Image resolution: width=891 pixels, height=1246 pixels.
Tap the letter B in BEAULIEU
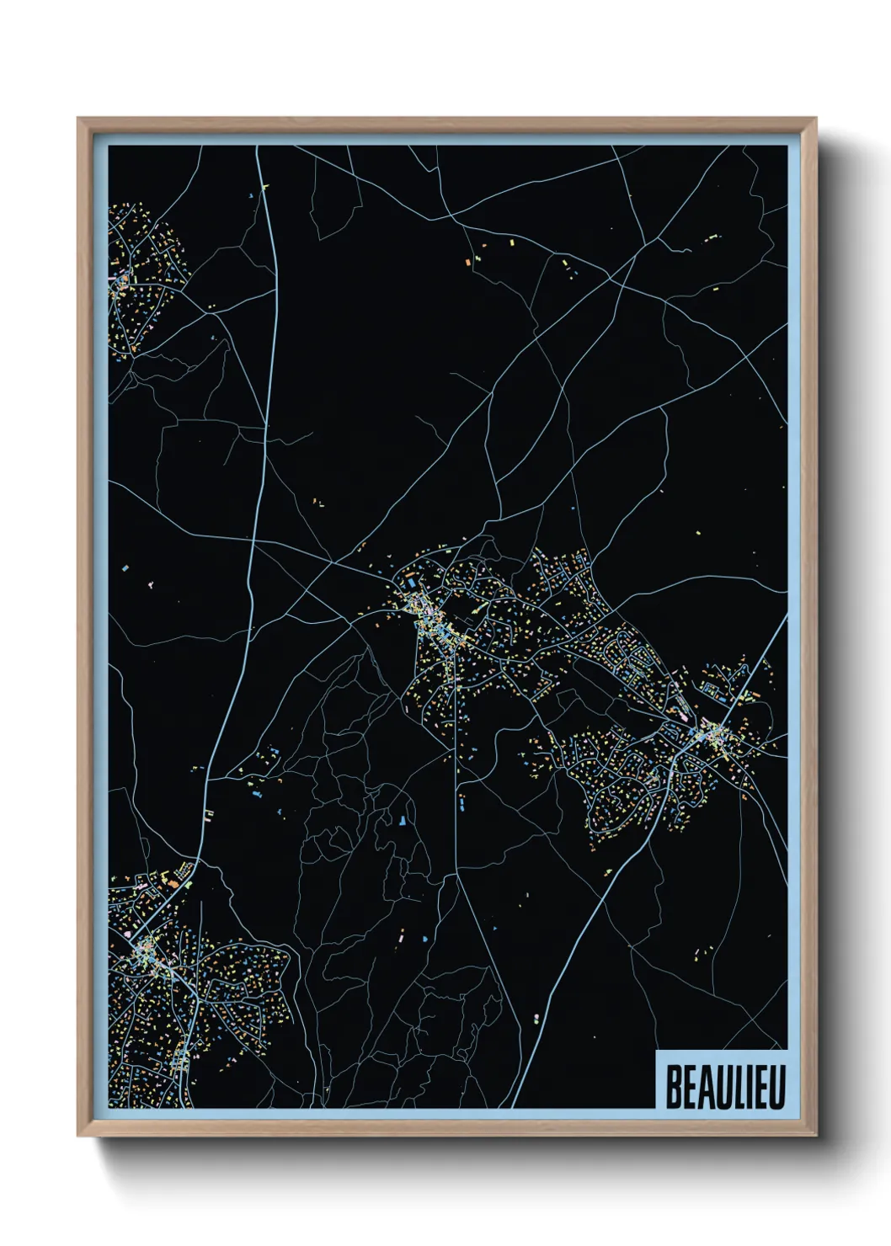click(x=674, y=1087)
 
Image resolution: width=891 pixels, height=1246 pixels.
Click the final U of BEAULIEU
click(x=777, y=1087)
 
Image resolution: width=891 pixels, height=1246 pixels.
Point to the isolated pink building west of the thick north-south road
click(x=150, y=583)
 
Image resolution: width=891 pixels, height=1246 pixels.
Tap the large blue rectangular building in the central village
click(x=411, y=583)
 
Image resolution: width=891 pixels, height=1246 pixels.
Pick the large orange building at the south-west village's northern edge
click(x=172, y=883)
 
